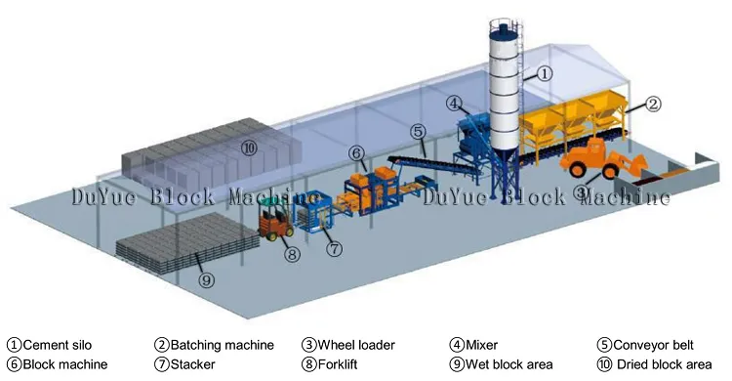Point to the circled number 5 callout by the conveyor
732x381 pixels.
pyautogui.click(x=417, y=130)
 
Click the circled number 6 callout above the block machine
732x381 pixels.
pyautogui.click(x=357, y=153)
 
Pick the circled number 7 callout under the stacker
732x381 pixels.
pyautogui.click(x=334, y=249)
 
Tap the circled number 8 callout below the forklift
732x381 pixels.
pyautogui.click(x=292, y=255)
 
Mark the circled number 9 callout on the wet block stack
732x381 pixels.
pyautogui.click(x=205, y=279)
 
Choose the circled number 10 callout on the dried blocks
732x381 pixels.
pyautogui.click(x=248, y=148)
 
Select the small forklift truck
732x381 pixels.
pyautogui.click(x=274, y=220)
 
